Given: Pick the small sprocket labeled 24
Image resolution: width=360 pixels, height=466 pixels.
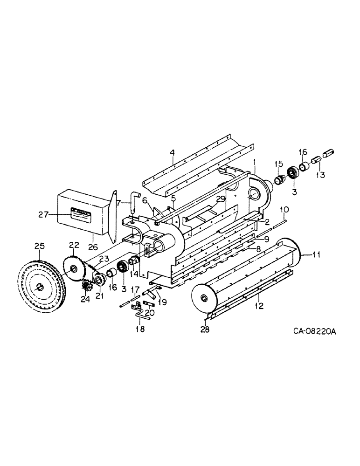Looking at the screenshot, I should tap(86, 286).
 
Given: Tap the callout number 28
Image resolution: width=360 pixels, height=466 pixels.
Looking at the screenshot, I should tap(205, 329).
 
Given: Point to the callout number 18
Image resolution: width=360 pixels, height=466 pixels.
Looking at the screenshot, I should tap(140, 328).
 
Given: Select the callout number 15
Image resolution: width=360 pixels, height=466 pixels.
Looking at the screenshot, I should tap(279, 164).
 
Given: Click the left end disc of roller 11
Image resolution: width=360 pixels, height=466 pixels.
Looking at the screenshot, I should tap(204, 298).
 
